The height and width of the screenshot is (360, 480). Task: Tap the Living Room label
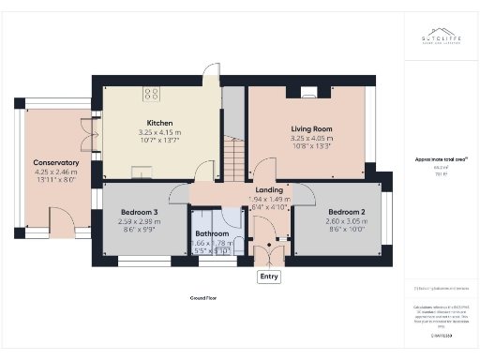[x=306, y=127]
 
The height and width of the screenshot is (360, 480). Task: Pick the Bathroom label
[x=212, y=233]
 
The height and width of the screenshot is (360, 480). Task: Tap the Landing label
[x=270, y=190]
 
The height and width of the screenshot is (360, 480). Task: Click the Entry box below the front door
[x=270, y=277]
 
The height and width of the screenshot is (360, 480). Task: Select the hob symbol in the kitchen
[x=151, y=92]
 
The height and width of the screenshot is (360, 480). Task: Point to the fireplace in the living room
[x=308, y=92]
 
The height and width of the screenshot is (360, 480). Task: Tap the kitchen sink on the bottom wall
[x=142, y=171]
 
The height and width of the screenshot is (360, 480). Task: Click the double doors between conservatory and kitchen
[x=90, y=133]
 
